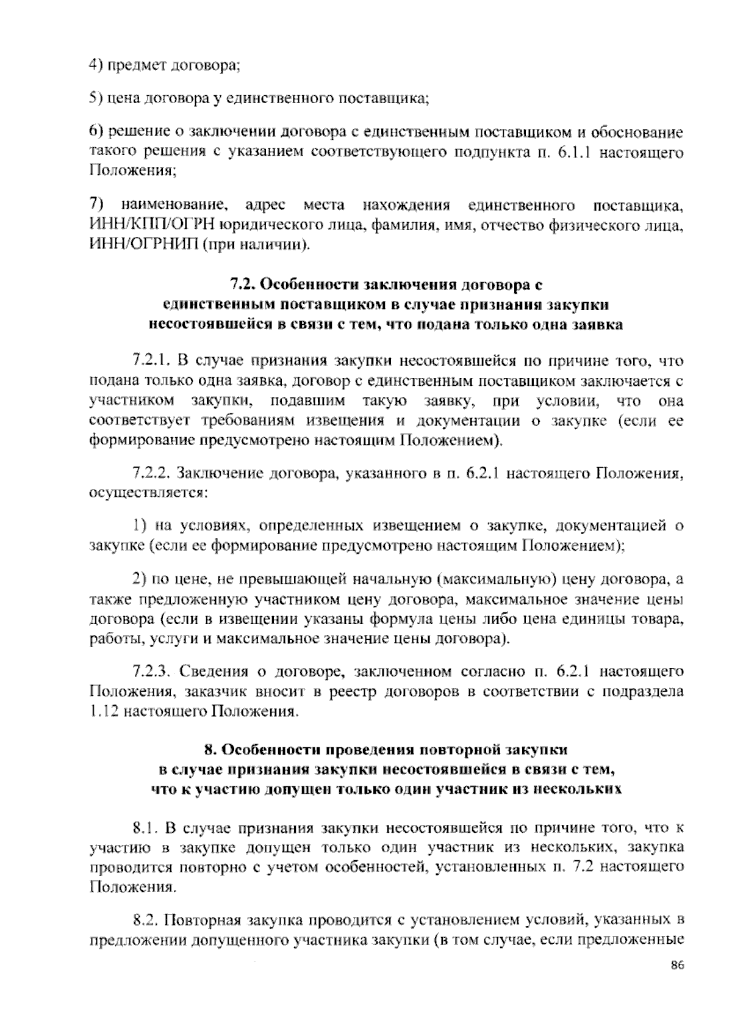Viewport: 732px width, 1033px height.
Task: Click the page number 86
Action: [676, 982]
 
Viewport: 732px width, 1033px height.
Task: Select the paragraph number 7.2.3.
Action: [150, 672]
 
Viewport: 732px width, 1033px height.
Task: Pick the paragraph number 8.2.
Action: [146, 920]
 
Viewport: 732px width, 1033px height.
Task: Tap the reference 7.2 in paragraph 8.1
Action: [578, 868]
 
